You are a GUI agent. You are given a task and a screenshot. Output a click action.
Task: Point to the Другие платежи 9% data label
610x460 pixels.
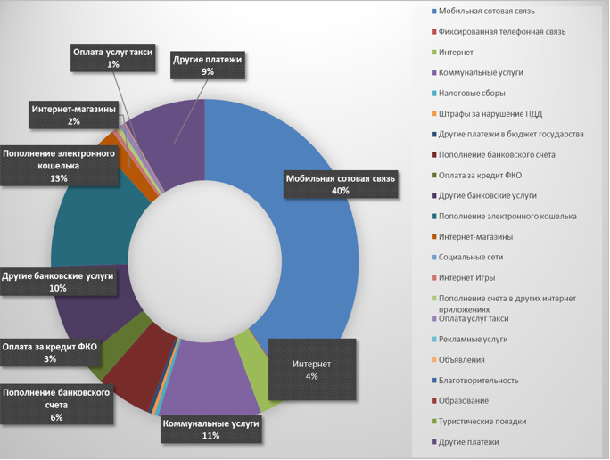pos(208,65)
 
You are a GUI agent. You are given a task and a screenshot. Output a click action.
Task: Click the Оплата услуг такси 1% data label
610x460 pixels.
pos(112,59)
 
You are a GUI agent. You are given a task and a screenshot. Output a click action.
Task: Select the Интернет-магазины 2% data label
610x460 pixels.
pos(73,115)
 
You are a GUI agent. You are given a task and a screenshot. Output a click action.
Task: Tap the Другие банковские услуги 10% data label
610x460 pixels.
pos(58,282)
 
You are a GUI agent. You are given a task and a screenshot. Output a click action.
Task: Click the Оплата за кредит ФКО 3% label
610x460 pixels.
pos(50,353)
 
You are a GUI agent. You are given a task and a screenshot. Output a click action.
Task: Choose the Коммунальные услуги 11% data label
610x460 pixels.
pos(210,430)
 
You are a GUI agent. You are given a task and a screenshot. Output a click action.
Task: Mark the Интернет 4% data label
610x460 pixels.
pos(311,370)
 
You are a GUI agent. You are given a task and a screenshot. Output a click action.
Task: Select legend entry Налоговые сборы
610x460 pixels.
pos(473,93)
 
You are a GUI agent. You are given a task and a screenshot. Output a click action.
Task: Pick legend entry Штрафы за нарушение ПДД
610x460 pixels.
pos(490,113)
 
